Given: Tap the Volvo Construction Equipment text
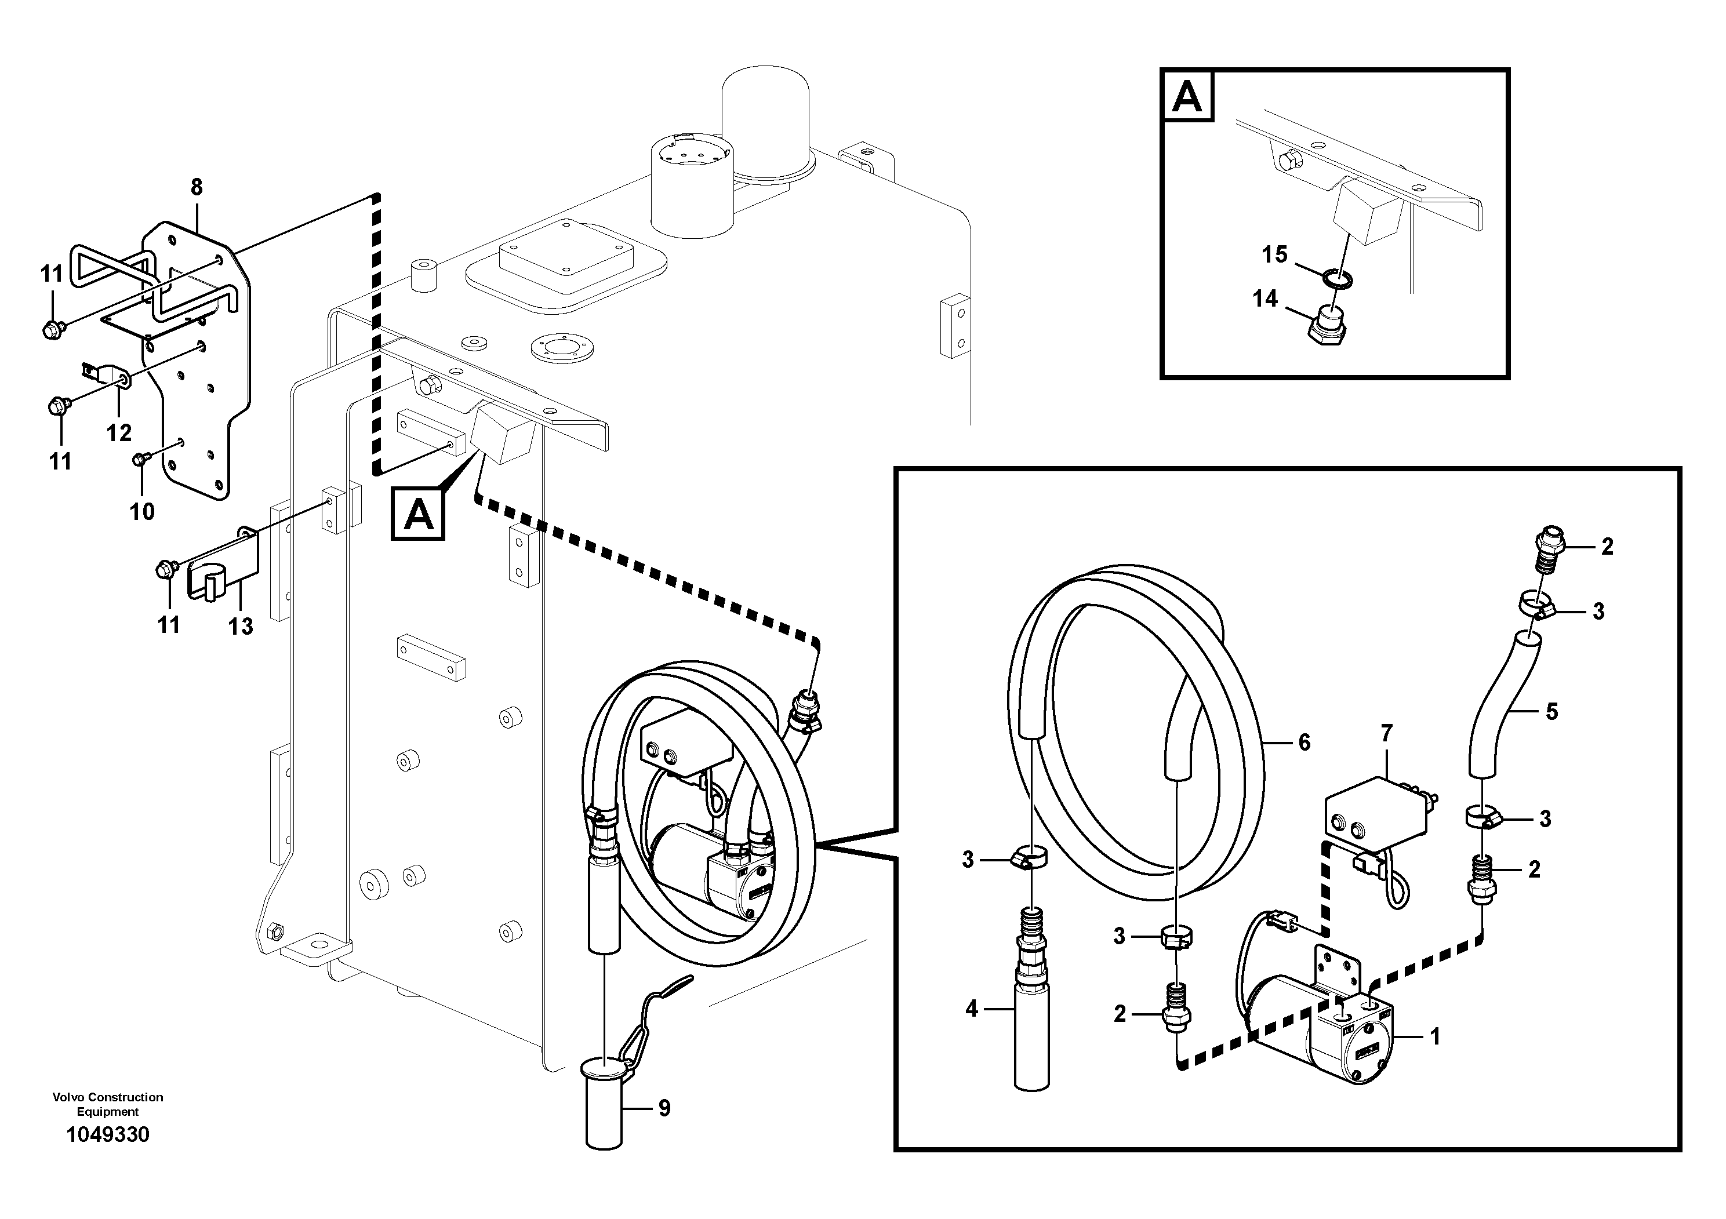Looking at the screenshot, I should (107, 1104).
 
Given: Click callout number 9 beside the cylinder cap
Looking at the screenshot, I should (664, 1108).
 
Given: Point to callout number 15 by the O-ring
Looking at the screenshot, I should (1274, 255).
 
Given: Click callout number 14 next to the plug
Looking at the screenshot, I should (1264, 299).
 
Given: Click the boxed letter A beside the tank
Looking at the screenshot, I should (418, 514).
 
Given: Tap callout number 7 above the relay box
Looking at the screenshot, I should (1386, 732).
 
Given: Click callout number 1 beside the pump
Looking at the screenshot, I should (1434, 1037).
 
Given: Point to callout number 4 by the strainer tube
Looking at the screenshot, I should (971, 1009).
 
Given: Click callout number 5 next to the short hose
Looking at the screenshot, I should (1551, 711).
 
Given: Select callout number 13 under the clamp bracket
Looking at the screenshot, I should (241, 626).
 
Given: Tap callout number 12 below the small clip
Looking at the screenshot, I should (119, 432).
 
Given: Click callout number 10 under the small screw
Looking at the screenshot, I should (142, 512).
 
